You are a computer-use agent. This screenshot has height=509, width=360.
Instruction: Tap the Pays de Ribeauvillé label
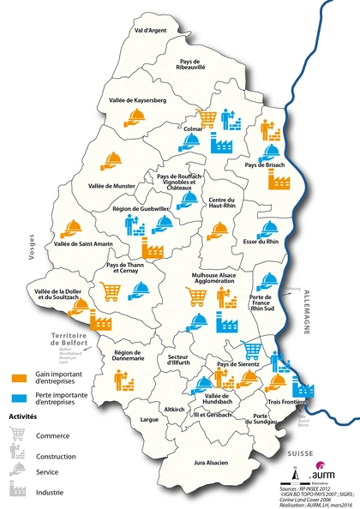199,66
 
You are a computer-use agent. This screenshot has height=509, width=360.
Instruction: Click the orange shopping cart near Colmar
207,117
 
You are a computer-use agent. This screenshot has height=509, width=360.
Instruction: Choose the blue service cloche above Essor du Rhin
269,228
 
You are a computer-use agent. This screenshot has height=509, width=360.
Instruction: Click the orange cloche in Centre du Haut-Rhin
218,230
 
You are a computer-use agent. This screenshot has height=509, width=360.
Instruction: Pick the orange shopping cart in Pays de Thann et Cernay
111,290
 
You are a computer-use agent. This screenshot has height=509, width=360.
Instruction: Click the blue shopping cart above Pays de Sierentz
251,350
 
